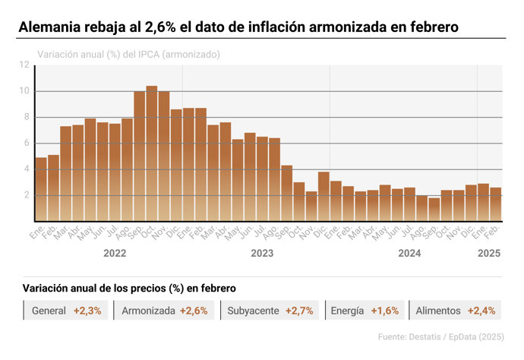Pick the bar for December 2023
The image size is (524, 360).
pos(324,197)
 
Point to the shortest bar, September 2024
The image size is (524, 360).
pos(434,210)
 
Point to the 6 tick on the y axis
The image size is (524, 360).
pos(27,144)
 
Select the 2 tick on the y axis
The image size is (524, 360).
pos(27,195)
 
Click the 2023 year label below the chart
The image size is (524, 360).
pos(262,254)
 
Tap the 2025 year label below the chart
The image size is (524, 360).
pos(488,254)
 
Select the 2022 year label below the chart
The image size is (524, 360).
pos(115,254)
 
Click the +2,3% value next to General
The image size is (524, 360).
pos(87,311)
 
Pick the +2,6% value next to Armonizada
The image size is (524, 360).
pos(195,311)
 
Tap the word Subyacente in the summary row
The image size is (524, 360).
pos(253,311)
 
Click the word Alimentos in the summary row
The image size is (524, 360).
pos(438,311)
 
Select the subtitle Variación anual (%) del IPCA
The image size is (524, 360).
pos(129,55)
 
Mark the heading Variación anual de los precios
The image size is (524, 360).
pos(129,289)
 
